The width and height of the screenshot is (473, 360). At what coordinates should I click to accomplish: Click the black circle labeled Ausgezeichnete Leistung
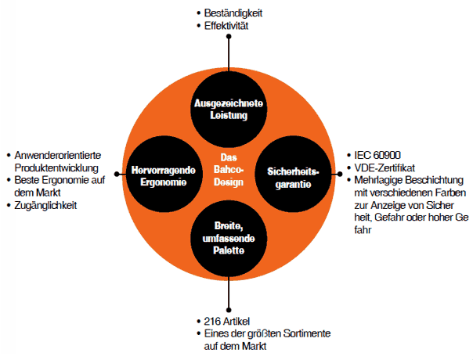228,109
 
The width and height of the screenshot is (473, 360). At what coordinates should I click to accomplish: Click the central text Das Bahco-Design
228,168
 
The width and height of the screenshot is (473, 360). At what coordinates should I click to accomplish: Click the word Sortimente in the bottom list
301,333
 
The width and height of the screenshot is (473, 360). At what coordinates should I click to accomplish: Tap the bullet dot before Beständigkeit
199,14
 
